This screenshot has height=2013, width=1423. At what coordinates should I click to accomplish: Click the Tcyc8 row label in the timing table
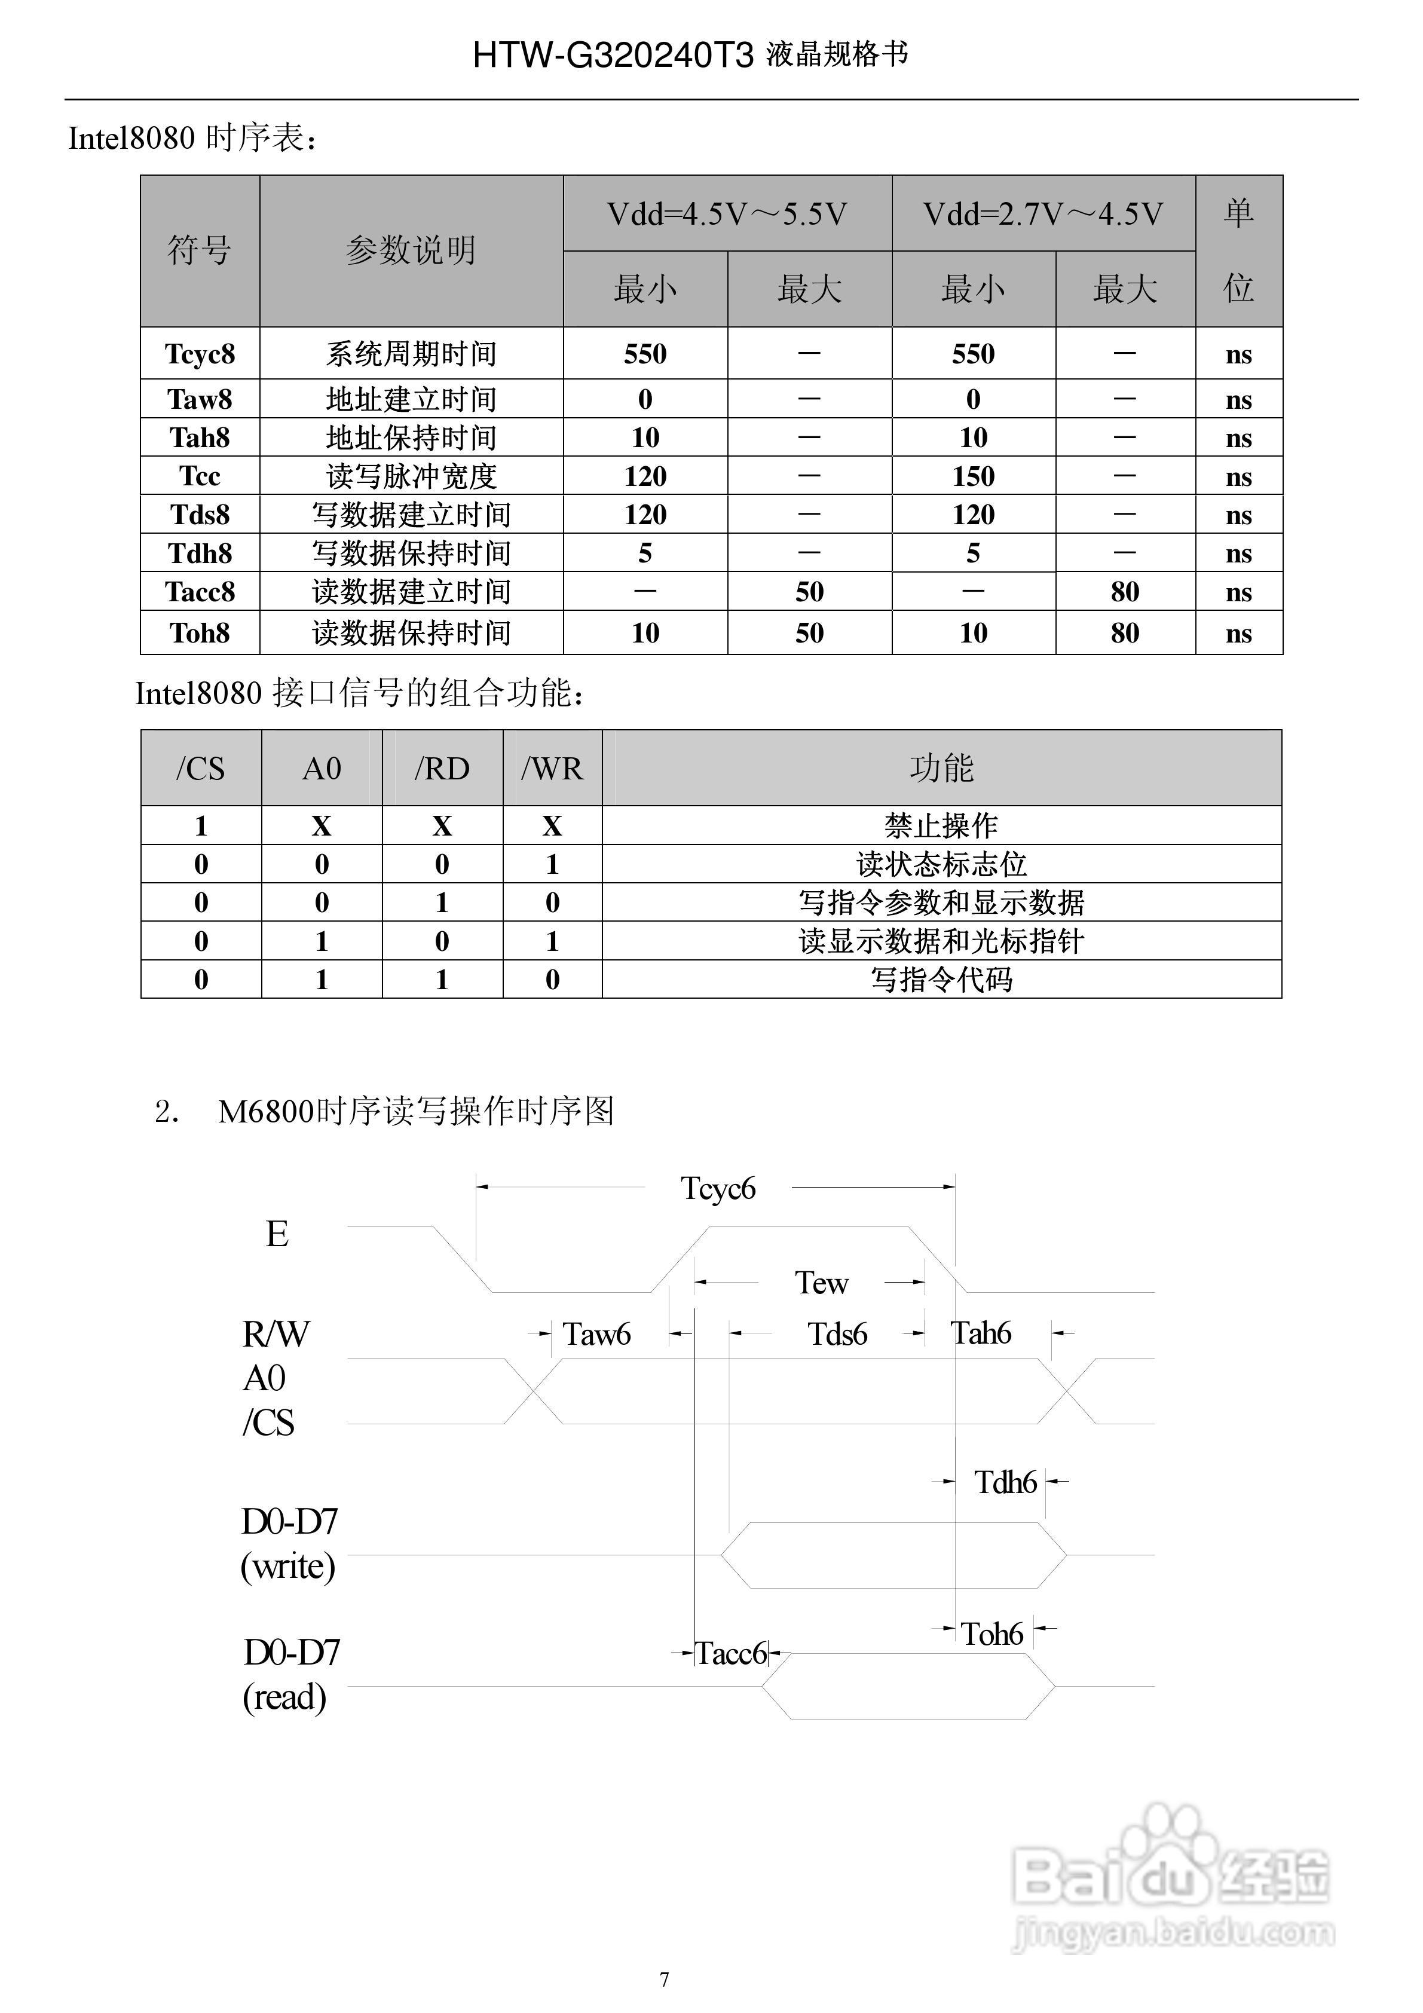click(200, 354)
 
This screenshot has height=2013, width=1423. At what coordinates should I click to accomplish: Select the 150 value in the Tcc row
click(973, 476)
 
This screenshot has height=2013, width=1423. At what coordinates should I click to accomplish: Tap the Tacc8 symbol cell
click(200, 592)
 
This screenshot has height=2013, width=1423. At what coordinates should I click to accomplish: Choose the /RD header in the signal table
click(442, 769)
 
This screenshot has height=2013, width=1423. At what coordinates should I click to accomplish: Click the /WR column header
click(552, 769)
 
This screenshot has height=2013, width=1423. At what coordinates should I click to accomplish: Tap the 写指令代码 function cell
click(941, 980)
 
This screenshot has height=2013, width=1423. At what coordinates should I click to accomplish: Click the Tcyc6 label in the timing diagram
click(718, 1189)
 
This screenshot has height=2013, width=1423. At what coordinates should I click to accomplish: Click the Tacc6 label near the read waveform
click(732, 1654)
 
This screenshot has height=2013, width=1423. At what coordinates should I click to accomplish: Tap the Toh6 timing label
click(991, 1634)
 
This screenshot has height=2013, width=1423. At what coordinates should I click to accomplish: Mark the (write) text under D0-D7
click(287, 1566)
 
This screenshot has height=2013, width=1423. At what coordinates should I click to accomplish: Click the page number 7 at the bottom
click(664, 1979)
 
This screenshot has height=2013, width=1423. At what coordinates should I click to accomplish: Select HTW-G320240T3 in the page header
click(613, 55)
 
